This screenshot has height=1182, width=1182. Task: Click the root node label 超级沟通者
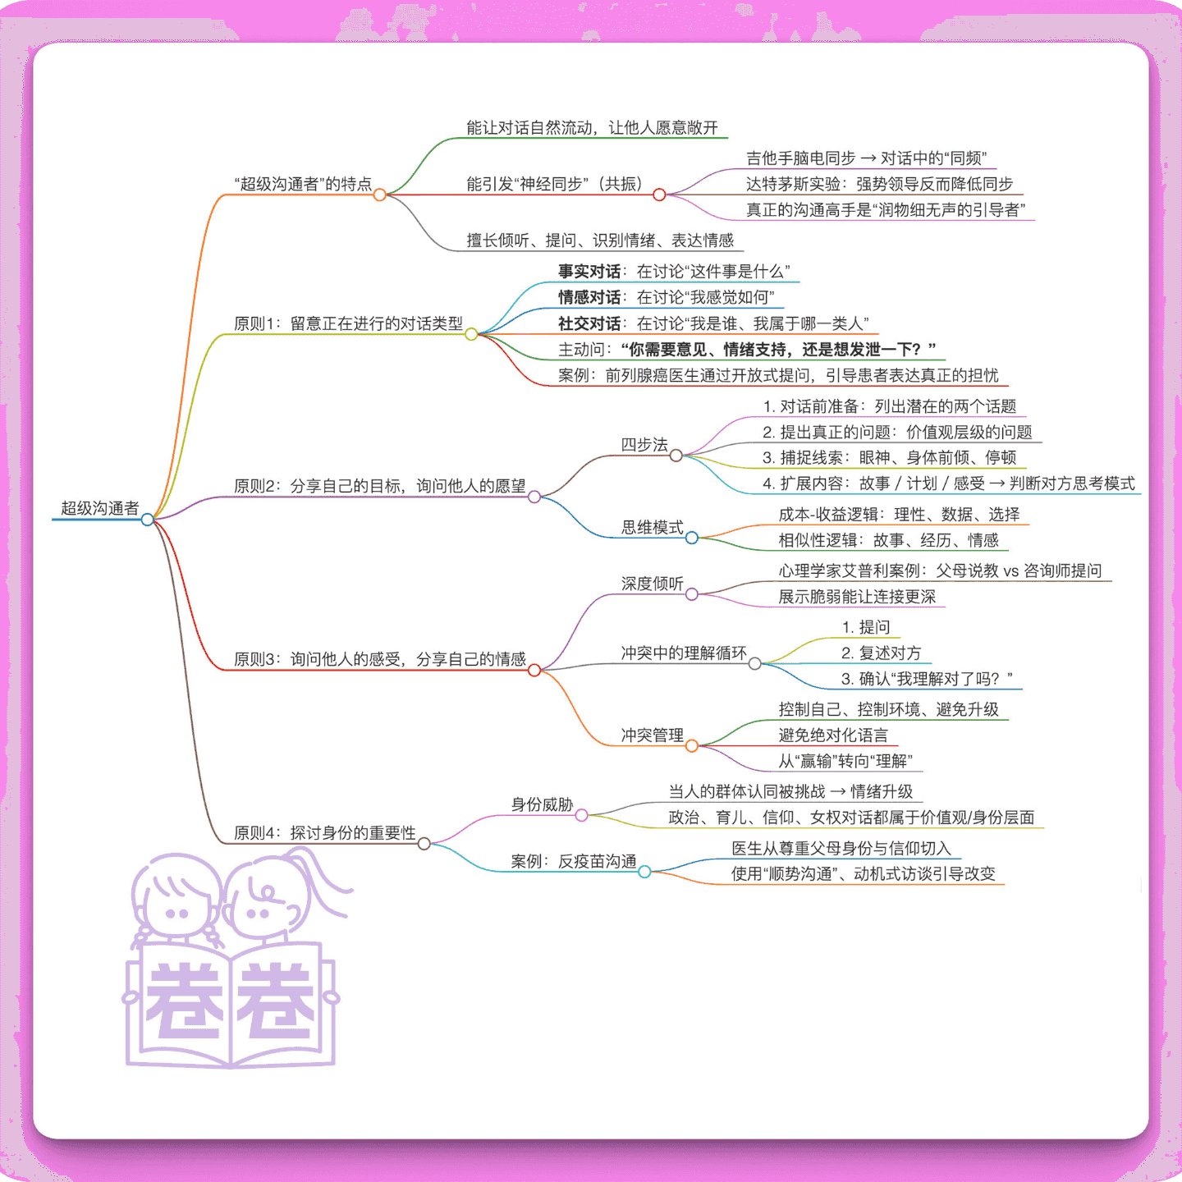(x=100, y=508)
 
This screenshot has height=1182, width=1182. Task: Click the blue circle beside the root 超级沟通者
(x=147, y=520)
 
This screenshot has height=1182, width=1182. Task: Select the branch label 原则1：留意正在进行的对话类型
(x=348, y=323)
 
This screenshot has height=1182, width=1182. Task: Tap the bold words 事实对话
(x=589, y=271)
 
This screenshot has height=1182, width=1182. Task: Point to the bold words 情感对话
(x=589, y=297)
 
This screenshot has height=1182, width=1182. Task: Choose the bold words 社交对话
(x=589, y=323)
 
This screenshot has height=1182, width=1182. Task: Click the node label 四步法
(x=644, y=444)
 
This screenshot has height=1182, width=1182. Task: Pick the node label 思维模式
(x=652, y=527)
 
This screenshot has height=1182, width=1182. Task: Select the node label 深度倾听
(x=652, y=584)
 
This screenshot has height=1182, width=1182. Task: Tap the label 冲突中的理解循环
(x=684, y=653)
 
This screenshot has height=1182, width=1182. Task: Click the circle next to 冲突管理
(x=691, y=746)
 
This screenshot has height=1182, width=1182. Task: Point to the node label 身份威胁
(x=543, y=804)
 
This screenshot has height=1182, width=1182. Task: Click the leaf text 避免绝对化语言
(x=833, y=735)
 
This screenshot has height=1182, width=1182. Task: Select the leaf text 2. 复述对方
(x=881, y=653)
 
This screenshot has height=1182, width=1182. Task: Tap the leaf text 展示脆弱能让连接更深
(x=857, y=596)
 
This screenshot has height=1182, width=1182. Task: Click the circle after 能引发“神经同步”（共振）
(x=659, y=195)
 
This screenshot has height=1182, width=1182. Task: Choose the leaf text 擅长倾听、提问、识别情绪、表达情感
(x=600, y=240)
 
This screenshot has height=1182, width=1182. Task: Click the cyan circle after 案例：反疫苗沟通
(x=644, y=872)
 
